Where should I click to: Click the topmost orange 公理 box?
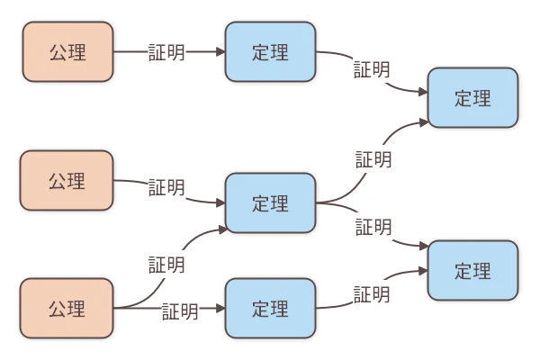click(x=67, y=52)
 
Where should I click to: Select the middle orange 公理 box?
click(x=67, y=181)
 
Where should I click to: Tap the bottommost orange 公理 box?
click(x=67, y=309)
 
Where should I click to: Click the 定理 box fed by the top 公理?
click(x=270, y=52)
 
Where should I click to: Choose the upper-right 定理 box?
click(x=473, y=98)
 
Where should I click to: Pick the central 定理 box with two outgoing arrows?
click(x=270, y=203)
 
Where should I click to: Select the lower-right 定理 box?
click(x=473, y=270)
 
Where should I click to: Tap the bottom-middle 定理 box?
click(x=270, y=309)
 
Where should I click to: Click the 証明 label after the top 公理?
click(x=166, y=52)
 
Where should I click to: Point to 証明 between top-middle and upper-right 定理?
click(x=372, y=68)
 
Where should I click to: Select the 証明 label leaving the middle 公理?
click(x=166, y=187)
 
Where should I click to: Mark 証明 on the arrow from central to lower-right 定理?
click(x=373, y=227)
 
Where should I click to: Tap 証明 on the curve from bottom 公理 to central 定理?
click(x=166, y=265)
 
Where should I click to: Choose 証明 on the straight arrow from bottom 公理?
click(x=180, y=311)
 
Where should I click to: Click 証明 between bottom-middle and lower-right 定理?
click(x=372, y=294)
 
